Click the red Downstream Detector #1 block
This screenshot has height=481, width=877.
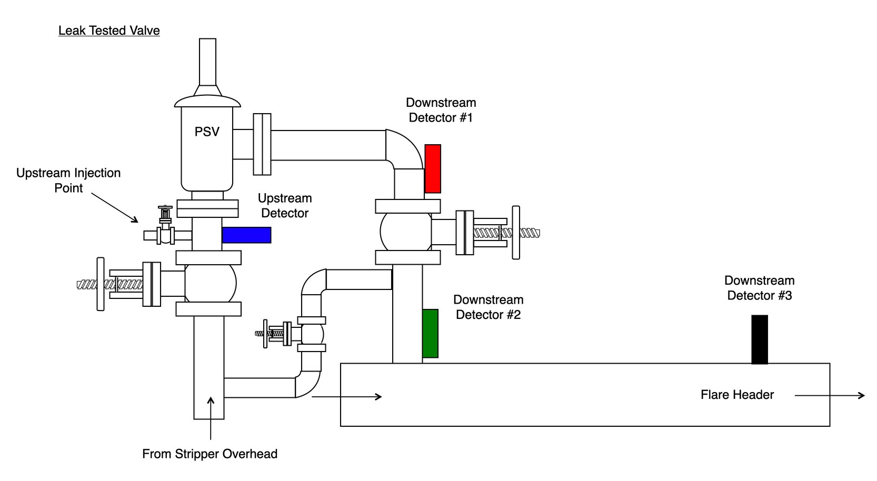433,168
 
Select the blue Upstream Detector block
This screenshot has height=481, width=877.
246,235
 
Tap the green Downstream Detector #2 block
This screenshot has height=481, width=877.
430,334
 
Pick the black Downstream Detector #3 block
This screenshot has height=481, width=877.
759,339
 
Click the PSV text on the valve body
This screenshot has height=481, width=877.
207,132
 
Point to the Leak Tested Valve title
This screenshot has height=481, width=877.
109,31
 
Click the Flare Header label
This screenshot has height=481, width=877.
737,395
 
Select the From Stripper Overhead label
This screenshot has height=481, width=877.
210,454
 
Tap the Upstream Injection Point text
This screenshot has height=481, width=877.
68,180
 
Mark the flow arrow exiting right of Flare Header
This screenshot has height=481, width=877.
829,395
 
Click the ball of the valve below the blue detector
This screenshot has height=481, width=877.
210,283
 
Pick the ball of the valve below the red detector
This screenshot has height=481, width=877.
405,232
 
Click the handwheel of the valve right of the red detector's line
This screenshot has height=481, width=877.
516,232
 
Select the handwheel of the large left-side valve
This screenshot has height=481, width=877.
101,284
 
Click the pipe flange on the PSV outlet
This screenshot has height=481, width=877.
262,144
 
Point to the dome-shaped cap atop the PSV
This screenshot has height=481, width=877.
207,100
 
